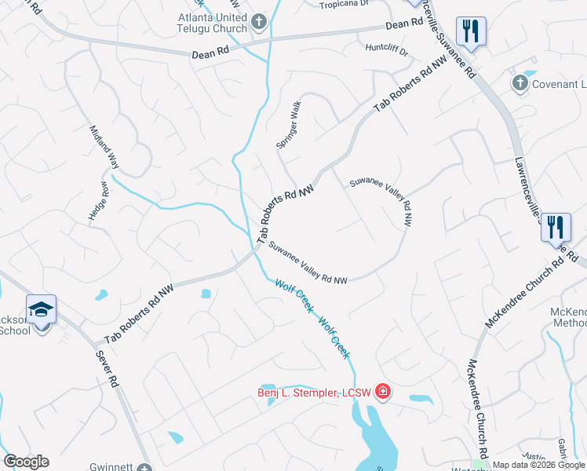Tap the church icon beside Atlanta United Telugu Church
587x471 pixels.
tap(261, 24)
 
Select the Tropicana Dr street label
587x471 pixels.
tap(344, 5)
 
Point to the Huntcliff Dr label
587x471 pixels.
tap(387, 49)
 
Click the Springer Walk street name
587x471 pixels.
tap(289, 125)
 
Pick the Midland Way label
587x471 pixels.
tap(104, 148)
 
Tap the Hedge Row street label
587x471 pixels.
tap(98, 201)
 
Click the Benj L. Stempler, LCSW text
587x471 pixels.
tap(315, 392)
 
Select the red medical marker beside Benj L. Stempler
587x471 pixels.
tap(382, 391)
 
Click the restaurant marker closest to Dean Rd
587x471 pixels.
tap(471, 31)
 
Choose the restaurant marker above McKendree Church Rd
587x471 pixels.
tap(556, 227)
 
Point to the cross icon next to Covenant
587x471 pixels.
tap(519, 83)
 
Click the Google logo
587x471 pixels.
tap(26, 462)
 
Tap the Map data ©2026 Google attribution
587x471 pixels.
tap(538, 465)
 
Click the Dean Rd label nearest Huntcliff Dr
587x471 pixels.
tap(405, 25)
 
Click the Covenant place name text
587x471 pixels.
tap(560, 84)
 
